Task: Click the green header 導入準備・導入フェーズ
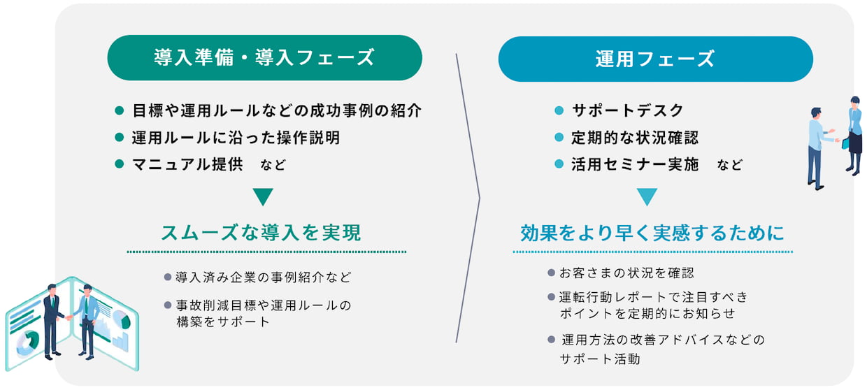point(264,57)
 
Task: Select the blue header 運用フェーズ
point(655,59)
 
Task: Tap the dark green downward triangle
point(263,196)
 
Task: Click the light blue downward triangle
point(647,196)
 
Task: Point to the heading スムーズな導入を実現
point(261,233)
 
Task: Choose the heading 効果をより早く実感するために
point(652,233)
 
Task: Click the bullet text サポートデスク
point(627,110)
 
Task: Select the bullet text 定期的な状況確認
point(635,138)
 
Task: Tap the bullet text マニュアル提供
point(187,164)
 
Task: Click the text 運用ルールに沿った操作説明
point(236,138)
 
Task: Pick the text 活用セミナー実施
point(635,164)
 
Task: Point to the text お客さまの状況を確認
point(626,273)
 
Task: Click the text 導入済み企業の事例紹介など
point(264,277)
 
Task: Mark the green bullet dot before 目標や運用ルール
point(119,110)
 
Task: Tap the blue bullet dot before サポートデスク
point(559,110)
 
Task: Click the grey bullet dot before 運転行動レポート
point(552,297)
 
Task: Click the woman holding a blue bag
point(854,136)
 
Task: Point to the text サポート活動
point(600,359)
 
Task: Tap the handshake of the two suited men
point(69,317)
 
